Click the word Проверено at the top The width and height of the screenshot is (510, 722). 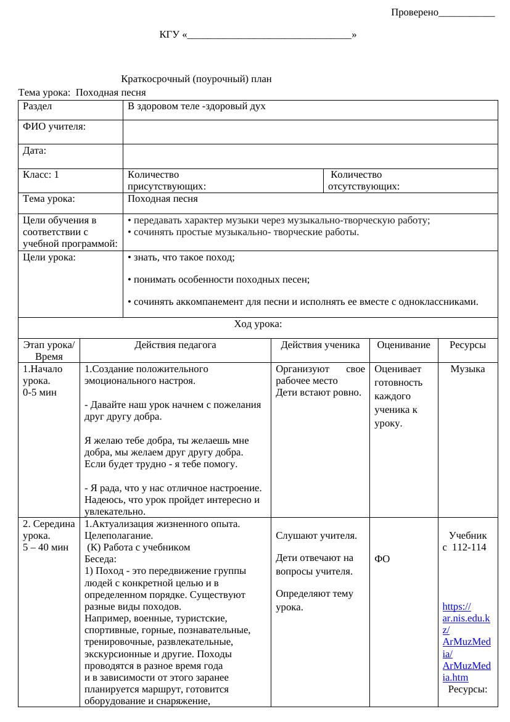(x=414, y=12)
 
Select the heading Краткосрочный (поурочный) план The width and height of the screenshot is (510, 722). (x=197, y=79)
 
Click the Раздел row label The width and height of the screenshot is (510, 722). (x=37, y=106)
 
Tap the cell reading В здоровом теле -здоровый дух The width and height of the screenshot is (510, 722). (x=196, y=106)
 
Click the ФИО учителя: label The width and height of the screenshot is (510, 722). (x=54, y=127)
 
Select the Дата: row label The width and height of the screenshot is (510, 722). (x=35, y=150)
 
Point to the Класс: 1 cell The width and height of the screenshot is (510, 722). (x=41, y=175)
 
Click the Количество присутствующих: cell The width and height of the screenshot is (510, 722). (x=167, y=180)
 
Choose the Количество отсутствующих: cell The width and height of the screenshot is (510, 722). (x=364, y=180)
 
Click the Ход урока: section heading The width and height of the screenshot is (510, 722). (x=258, y=324)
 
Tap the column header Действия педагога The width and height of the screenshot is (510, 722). (x=175, y=346)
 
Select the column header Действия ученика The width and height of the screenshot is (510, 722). (x=319, y=346)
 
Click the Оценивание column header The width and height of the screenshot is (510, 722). (x=403, y=346)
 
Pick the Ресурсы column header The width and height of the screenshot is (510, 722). (x=467, y=346)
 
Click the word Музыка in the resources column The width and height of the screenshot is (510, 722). (x=467, y=369)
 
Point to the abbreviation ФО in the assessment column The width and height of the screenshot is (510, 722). (x=382, y=559)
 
